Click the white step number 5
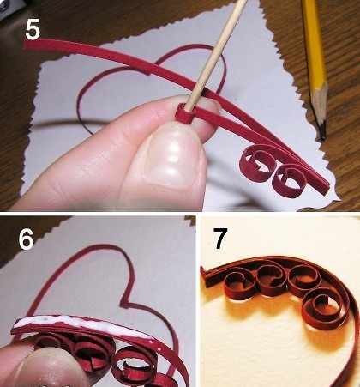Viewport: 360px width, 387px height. (x=32, y=30)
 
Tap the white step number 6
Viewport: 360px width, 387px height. (x=27, y=239)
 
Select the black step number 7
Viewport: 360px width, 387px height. (x=220, y=238)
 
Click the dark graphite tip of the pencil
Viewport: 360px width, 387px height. (x=322, y=131)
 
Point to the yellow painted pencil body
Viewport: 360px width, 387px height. (x=314, y=43)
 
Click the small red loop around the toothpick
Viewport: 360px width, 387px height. (x=184, y=114)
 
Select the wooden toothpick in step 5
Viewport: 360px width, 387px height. (x=218, y=54)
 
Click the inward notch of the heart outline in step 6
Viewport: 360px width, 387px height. (x=124, y=302)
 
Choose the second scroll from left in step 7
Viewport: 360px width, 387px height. (x=270, y=279)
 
